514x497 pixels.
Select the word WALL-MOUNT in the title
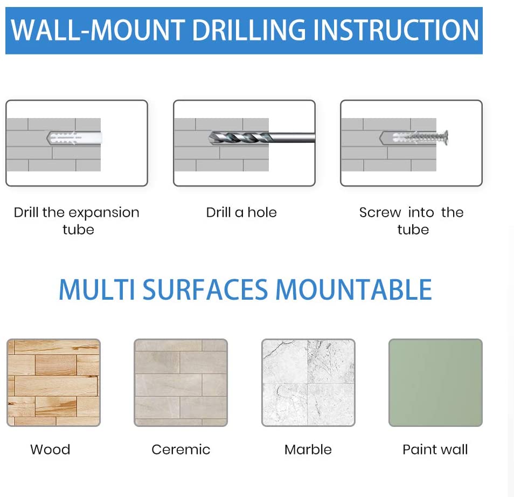98,30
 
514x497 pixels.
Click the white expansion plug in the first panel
74,138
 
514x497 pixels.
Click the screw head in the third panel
445,137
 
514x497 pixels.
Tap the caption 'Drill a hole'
241,212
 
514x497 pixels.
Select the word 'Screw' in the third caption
380,212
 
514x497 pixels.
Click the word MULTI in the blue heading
96,289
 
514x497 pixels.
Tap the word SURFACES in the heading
205,289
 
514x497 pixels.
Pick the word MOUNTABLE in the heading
353,289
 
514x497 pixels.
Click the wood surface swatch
54,383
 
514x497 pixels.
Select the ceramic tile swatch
180,383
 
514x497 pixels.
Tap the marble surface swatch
308,383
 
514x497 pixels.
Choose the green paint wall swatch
435,383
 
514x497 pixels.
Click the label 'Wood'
50,450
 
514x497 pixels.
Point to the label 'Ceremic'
180,450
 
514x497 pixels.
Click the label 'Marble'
308,450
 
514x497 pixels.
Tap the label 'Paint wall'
435,450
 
